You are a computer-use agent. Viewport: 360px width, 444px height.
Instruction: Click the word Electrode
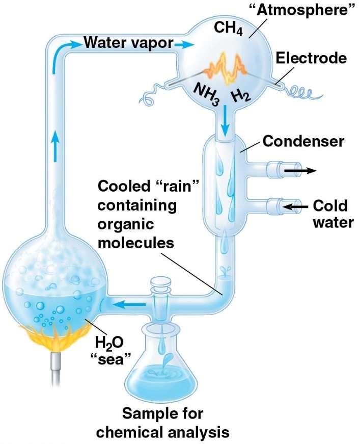[311, 58]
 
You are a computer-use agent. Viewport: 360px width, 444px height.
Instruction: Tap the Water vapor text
[128, 43]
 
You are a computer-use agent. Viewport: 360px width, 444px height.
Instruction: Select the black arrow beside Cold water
[296, 206]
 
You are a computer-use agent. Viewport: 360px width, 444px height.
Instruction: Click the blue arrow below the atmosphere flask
[225, 120]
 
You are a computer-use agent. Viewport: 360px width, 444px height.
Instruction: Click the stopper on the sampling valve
[160, 282]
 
